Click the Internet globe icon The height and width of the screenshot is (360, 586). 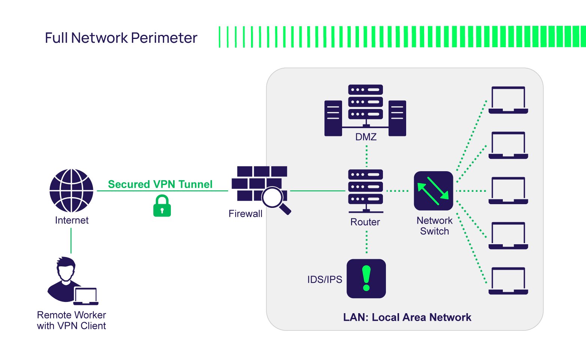(71, 191)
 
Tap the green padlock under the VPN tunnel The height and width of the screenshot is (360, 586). (162, 206)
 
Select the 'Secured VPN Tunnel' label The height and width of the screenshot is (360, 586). (160, 184)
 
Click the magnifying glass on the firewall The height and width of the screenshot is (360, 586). (275, 199)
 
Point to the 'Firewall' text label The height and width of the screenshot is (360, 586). (245, 214)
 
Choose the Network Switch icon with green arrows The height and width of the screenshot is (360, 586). (434, 191)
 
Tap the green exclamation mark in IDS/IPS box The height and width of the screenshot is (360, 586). (366, 278)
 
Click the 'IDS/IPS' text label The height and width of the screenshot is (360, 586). (324, 279)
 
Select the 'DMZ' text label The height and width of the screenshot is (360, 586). (366, 137)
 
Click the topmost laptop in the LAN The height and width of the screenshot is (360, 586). (508, 100)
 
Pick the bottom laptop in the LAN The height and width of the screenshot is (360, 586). (508, 281)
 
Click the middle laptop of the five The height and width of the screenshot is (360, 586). (508, 191)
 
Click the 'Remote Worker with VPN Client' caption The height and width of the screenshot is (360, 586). (71, 320)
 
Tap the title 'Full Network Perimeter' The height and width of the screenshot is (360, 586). (121, 38)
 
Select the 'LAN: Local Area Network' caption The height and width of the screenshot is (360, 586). (407, 317)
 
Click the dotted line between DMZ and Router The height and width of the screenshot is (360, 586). (366, 156)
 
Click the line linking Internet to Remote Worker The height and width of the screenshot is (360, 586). (71, 240)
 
